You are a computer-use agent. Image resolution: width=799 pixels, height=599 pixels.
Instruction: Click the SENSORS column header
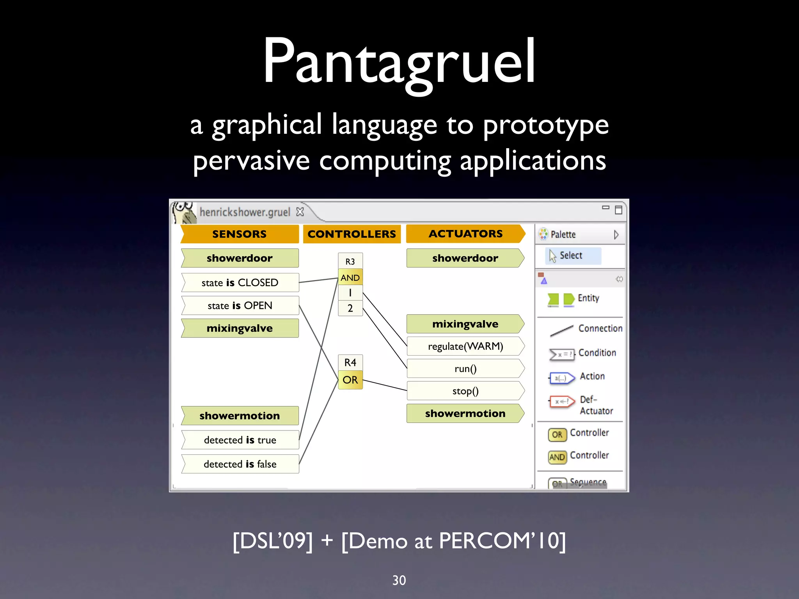pos(240,234)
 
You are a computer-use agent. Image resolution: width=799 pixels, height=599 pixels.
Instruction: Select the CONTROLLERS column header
pos(352,234)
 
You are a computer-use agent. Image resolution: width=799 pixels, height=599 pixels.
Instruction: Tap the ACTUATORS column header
pos(465,234)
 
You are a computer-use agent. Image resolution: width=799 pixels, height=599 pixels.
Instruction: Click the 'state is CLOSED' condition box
pos(240,282)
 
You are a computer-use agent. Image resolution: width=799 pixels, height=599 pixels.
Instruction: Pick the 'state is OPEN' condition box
pos(240,305)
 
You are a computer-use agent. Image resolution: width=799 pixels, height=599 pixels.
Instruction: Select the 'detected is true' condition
pos(240,440)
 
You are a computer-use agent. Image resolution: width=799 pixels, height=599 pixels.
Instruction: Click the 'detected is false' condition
pos(240,464)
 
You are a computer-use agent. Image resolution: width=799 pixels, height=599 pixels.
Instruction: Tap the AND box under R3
pos(350,278)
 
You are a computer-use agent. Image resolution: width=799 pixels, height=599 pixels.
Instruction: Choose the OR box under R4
pos(350,380)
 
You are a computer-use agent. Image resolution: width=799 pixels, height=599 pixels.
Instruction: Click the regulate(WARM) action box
pos(465,346)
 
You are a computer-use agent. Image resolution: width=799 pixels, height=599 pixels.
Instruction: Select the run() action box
pos(465,369)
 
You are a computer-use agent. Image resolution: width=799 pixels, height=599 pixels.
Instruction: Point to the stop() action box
pos(465,391)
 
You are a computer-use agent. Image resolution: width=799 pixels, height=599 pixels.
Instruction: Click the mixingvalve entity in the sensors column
pos(240,328)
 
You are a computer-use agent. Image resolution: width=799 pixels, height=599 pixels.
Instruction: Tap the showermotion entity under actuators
pos(465,413)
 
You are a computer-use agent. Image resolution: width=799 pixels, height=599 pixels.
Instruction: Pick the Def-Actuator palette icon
pos(561,402)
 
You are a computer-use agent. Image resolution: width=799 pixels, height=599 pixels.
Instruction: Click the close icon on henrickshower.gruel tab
pos(300,212)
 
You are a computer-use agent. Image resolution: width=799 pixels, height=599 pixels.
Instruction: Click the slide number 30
pos(399,580)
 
